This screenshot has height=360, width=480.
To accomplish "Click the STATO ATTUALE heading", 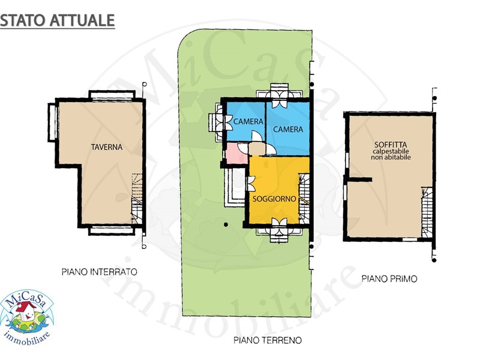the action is coord(57,20).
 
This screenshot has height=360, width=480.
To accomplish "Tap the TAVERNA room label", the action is coord(107,147).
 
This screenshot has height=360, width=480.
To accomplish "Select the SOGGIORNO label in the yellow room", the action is coord(274,199).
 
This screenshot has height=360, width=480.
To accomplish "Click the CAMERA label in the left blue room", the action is coord(248,122).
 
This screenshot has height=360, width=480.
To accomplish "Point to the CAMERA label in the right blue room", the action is coord(288,130).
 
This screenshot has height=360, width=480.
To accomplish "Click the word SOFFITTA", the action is coord(391,145).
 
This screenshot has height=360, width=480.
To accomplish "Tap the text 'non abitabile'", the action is coord(391,157).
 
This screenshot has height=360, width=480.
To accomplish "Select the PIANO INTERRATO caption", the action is coord(100,272).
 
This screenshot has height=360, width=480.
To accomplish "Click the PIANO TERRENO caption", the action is coord(268,340).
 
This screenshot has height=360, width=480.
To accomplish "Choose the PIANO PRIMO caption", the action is coord(389,279).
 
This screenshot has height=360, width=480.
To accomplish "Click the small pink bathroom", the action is coord(236,153).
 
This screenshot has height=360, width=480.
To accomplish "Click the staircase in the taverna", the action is coord(137,199).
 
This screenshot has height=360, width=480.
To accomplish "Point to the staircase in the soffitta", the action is coord(427,212).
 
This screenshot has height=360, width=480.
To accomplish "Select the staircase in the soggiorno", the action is coord(304,199).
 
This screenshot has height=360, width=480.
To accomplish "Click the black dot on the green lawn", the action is coord(226,224).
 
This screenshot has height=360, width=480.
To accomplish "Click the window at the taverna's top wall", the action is coord(112,95).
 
